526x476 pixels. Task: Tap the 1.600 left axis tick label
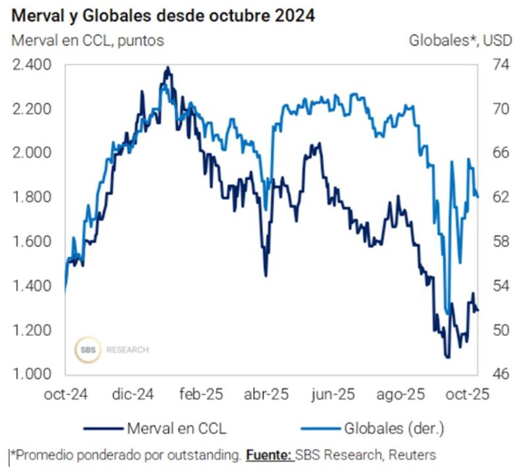(x=32, y=241)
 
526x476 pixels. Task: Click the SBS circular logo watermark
(x=87, y=350)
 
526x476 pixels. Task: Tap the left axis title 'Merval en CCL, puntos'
(x=87, y=40)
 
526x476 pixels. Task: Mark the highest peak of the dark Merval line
(x=168, y=67)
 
